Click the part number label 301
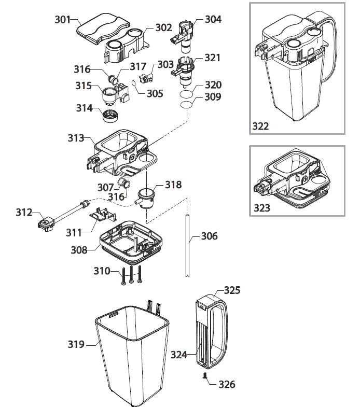63,20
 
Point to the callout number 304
213,19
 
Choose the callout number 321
213,58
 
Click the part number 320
213,85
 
